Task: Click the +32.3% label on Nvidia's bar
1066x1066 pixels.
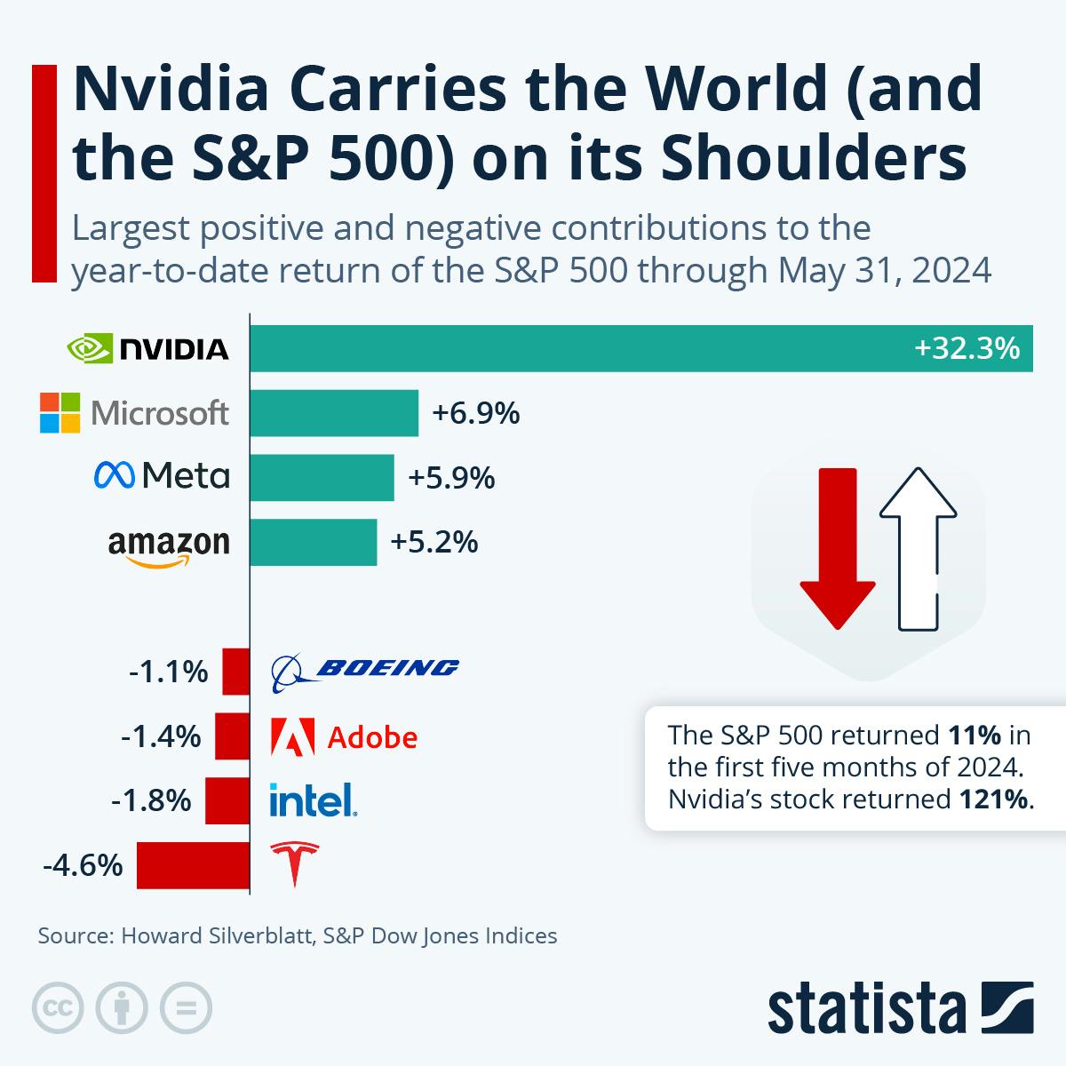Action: tap(967, 348)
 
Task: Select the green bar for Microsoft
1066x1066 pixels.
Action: tap(334, 413)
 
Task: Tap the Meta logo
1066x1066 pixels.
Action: tap(162, 477)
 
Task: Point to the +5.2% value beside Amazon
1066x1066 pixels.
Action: tap(434, 541)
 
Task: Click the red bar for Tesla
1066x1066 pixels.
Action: tap(193, 865)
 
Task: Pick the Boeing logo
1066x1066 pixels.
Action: tap(365, 672)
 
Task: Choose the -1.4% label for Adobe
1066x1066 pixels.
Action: tap(161, 736)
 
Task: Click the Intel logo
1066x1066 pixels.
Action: tap(313, 800)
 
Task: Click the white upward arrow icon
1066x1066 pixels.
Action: tap(918, 549)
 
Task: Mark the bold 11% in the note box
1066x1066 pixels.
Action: tap(975, 736)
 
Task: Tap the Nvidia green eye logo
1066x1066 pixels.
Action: tap(90, 349)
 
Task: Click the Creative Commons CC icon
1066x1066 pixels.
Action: tap(59, 1008)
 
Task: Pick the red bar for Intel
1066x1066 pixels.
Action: tap(227, 801)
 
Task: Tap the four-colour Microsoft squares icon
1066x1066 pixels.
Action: tap(60, 413)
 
